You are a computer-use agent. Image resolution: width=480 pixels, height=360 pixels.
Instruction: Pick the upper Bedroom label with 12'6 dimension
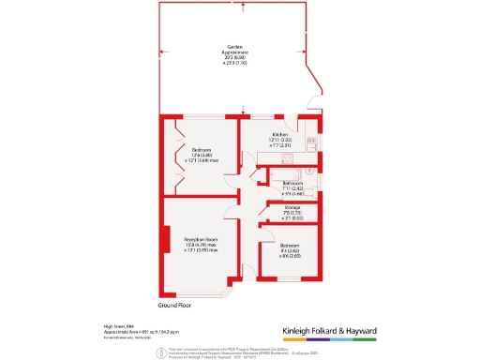(x=202, y=155)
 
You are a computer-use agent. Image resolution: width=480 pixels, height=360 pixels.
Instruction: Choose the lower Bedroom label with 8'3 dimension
(x=286, y=248)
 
